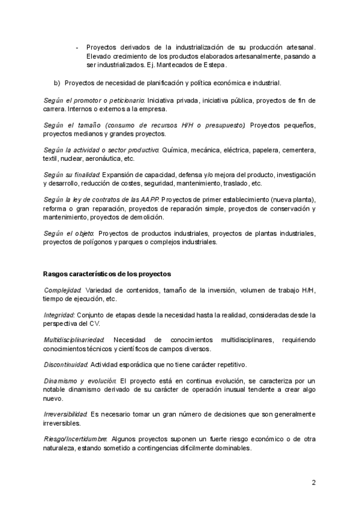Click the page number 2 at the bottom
click(x=314, y=482)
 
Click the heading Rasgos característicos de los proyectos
click(x=107, y=274)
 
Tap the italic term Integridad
click(x=59, y=315)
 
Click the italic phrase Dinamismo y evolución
click(x=80, y=381)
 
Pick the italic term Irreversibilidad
click(x=65, y=414)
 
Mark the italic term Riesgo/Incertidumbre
click(x=76, y=439)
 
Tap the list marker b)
click(x=57, y=83)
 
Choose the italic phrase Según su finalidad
click(x=71, y=175)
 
